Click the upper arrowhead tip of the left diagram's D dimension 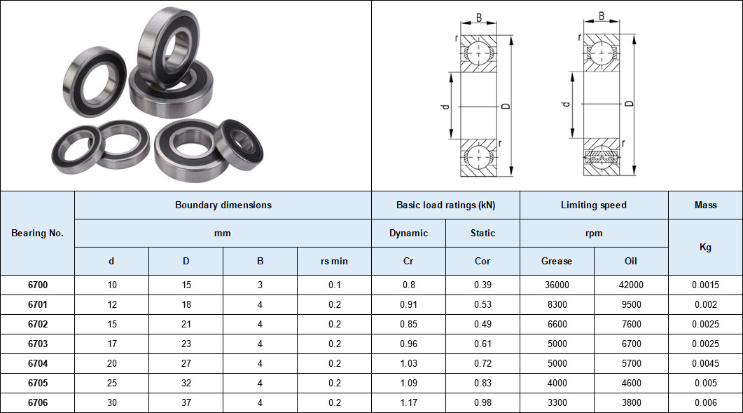[x=511, y=36]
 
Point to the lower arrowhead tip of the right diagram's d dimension [x=572, y=138]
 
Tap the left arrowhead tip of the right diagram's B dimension [x=584, y=21]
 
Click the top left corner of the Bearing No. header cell [x=1, y=191]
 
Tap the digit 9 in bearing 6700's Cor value [x=489, y=285]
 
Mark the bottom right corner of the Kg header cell [x=742, y=275]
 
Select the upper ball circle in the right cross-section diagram [x=602, y=53]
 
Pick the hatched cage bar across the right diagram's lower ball [x=602, y=156]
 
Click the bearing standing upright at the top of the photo [x=168, y=48]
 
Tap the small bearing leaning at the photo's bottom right [x=238, y=144]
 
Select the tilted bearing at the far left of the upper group [x=95, y=81]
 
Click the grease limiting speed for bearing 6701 [x=557, y=305]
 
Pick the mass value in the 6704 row [x=705, y=364]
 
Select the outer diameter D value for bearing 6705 [x=186, y=383]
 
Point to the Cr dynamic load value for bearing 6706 [x=408, y=403]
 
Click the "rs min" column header [x=334, y=261]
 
